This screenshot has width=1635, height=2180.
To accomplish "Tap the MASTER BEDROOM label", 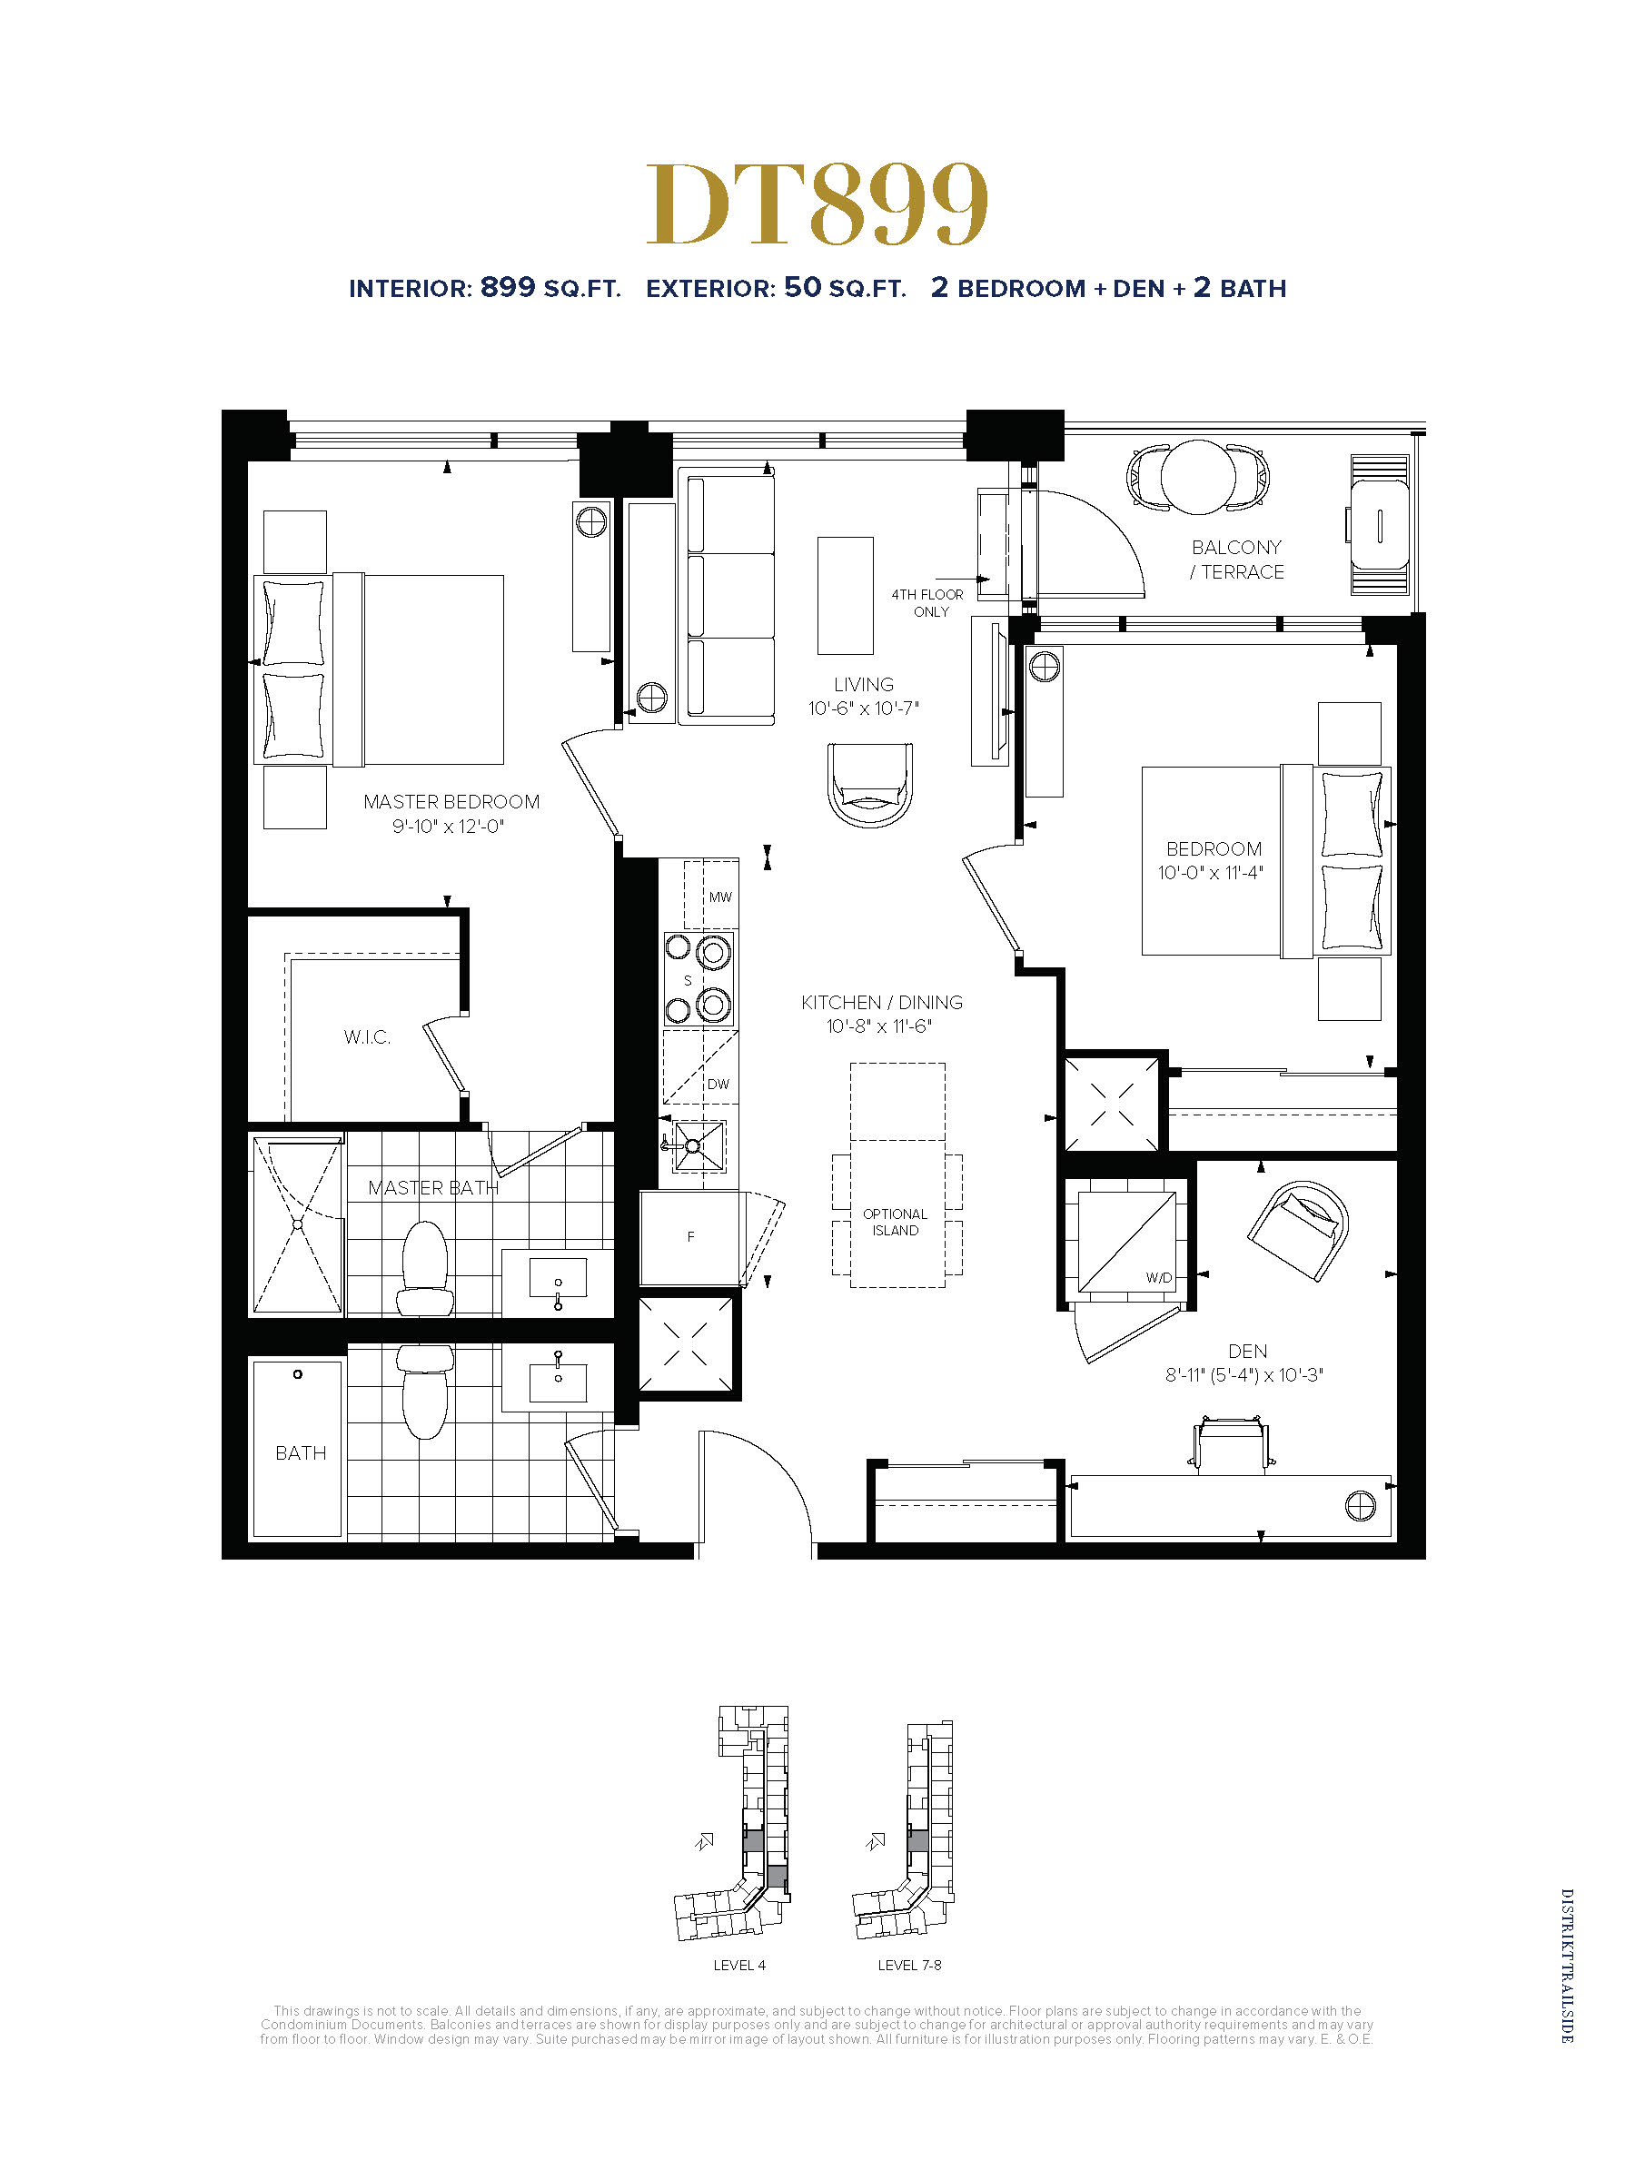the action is (451, 802).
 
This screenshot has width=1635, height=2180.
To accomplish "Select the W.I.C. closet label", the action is (367, 1036).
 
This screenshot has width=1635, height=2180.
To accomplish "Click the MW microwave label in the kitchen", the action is (720, 897).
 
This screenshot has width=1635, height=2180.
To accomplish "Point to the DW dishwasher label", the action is (718, 1084).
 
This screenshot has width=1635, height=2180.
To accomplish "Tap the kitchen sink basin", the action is (698, 1146).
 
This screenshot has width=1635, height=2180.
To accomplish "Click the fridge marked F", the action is (689, 1237).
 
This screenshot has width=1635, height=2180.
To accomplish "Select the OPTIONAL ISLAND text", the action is (895, 1222).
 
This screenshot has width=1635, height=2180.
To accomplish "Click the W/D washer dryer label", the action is (1159, 1277).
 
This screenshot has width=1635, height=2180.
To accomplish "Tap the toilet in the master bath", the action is (426, 1268).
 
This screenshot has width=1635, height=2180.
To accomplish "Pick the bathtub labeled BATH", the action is (298, 1448).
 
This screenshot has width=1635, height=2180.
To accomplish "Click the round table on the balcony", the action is (1197, 477).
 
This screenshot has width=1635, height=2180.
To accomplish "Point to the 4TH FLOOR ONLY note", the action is (927, 603).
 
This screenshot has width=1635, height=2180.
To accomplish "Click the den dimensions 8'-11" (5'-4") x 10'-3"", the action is (1244, 1375).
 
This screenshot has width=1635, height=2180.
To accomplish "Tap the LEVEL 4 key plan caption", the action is (739, 1965).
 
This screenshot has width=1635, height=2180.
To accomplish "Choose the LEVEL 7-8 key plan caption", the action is (909, 1965).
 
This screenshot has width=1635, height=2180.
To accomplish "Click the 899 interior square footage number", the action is (508, 287).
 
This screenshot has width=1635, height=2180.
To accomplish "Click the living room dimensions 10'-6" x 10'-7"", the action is (863, 708).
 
